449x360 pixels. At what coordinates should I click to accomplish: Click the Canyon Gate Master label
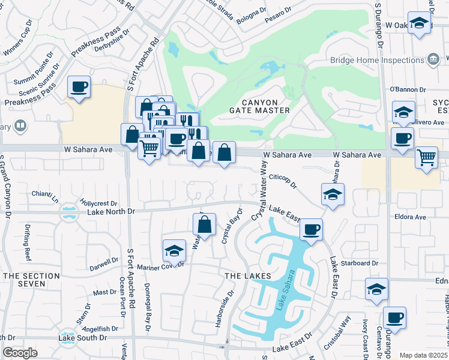click(259, 106)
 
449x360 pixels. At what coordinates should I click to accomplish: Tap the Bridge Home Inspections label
click(377, 60)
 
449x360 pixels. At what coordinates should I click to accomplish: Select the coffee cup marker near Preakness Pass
click(79, 88)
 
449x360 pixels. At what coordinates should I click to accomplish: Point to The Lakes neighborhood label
click(244, 275)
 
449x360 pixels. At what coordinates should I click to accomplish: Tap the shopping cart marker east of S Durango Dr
click(426, 158)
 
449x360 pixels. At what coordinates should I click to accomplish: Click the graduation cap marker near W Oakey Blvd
click(419, 24)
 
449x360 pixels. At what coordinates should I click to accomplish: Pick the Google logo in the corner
click(20, 353)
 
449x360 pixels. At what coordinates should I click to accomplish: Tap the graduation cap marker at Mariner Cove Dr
click(174, 251)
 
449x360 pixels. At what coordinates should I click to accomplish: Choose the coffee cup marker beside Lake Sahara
click(311, 230)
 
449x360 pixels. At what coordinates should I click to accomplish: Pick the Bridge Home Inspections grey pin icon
click(433, 59)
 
